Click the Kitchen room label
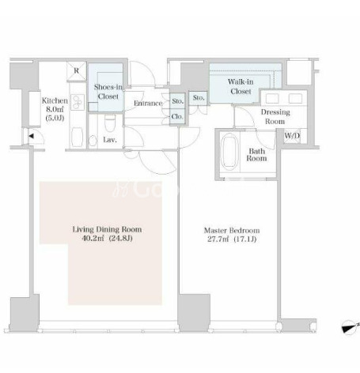pos(55,100)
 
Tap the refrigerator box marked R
pos(76,71)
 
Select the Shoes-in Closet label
pos(108,92)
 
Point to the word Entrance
pos(148,103)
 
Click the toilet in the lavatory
pos(110,123)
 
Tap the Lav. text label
pos(110,140)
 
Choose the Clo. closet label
pos(177,116)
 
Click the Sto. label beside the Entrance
pos(177,101)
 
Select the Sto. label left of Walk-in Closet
pos(199,98)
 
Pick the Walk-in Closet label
pos(241,86)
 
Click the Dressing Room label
pos(275,116)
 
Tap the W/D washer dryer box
pos(292,136)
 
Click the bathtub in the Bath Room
pos(229,151)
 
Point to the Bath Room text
pos(256,155)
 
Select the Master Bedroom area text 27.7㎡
pos(218,239)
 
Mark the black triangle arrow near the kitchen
pos(31,136)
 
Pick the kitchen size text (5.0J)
pos(55,118)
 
